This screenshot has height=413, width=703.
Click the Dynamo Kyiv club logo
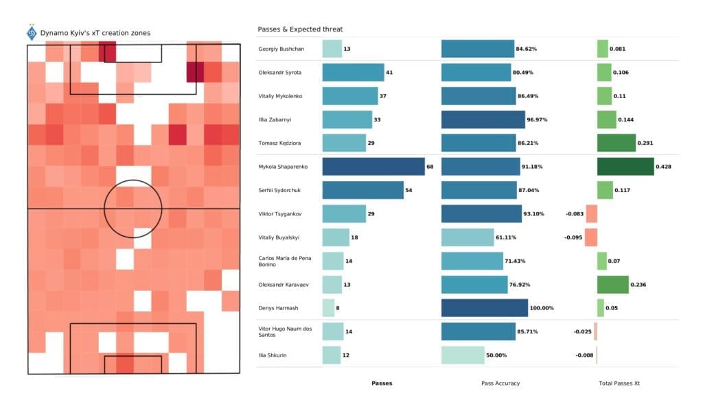32,32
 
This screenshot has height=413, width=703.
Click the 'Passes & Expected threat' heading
300,29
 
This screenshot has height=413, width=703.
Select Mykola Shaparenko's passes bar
373,167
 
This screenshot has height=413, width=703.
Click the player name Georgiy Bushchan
281,49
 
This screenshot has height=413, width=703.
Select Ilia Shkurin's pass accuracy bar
463,355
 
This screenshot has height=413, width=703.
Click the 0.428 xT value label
665,167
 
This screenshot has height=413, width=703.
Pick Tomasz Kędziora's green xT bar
616,143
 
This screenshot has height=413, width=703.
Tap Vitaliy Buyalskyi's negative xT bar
590,237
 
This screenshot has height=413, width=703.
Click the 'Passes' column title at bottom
382,383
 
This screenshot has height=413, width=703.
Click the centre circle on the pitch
133,208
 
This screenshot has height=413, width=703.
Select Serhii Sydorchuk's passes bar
362,190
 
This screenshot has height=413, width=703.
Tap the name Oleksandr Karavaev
284,284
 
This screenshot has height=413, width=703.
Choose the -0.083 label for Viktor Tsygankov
573,214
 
